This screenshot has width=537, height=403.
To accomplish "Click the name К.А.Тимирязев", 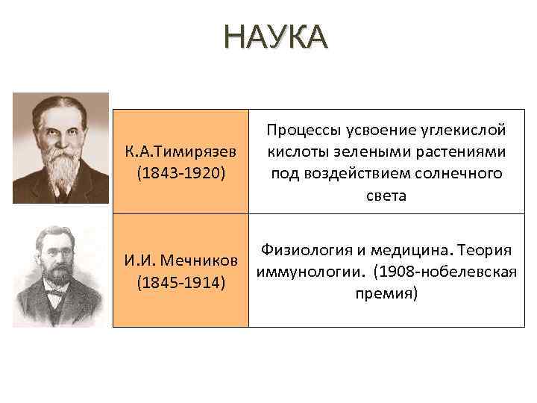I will (x=180, y=151).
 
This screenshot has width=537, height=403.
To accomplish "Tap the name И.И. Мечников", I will (x=180, y=262).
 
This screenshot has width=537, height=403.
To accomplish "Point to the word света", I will (x=385, y=196).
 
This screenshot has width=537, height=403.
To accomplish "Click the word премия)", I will (x=385, y=293).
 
